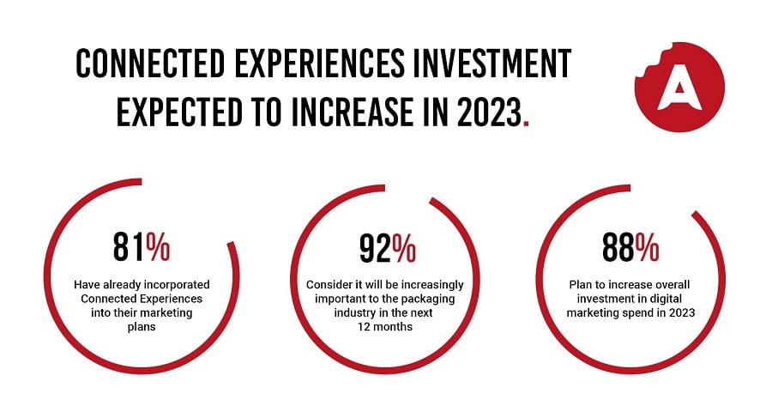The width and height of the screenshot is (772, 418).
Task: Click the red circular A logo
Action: (x=679, y=87)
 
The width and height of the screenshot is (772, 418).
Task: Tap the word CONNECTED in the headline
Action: (x=150, y=64)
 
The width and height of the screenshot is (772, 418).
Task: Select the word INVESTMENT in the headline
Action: (x=492, y=64)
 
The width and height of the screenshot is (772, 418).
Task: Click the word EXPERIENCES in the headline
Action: (x=319, y=64)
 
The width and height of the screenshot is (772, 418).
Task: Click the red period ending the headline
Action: (x=527, y=124)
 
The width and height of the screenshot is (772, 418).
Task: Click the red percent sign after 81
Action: (x=158, y=247)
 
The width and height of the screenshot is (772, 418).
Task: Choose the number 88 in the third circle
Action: (x=618, y=247)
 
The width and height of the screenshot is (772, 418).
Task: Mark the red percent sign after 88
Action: (x=647, y=247)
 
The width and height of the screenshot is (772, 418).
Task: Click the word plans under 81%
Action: (x=142, y=327)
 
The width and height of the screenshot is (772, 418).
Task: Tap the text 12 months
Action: (x=385, y=327)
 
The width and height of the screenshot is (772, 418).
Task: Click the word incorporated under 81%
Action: (x=177, y=285)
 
